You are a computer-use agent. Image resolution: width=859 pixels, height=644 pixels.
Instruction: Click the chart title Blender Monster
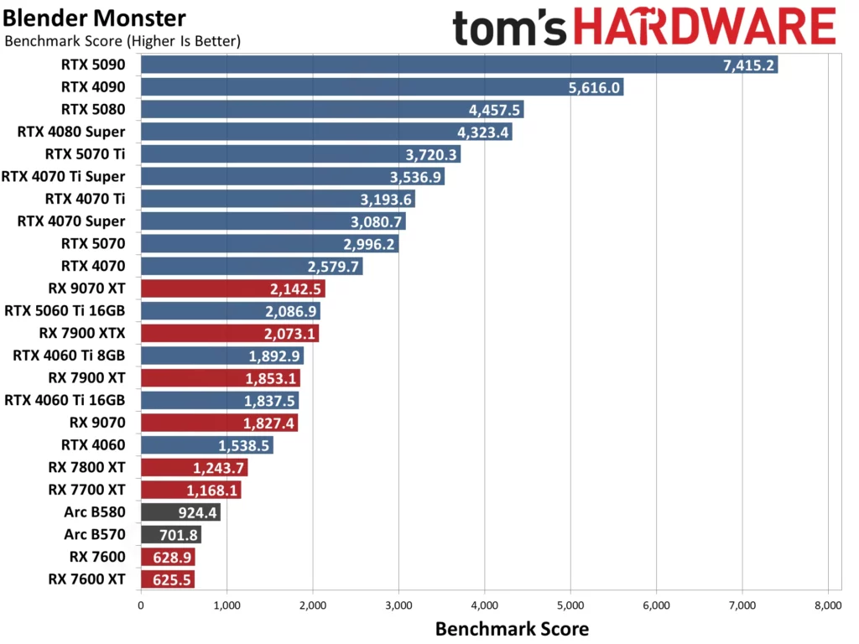94,18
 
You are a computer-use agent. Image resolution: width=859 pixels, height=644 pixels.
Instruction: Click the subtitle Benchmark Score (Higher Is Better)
122,40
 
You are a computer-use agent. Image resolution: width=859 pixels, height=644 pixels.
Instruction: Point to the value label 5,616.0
594,87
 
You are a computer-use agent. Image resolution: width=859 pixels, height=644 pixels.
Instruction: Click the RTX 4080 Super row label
71,131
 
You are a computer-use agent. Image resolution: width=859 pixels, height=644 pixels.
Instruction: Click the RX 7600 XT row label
86,579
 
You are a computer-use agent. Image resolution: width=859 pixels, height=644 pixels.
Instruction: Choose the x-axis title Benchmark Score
512,628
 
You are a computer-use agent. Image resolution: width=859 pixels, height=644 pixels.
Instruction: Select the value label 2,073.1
291,334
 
